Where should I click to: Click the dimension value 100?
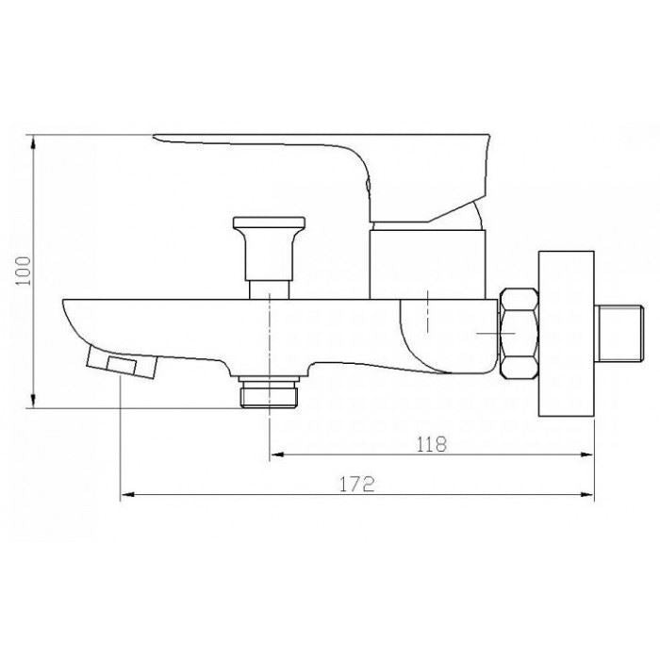[x=24, y=271]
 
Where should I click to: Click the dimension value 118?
[x=432, y=444]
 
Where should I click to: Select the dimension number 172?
[x=357, y=485]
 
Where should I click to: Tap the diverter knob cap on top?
[x=269, y=223]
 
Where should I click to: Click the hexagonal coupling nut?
[x=519, y=334]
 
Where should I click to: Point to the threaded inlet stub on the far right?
[x=620, y=334]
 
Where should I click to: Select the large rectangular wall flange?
[x=567, y=334]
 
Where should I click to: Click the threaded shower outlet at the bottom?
[x=269, y=392]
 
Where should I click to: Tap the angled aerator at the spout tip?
[x=122, y=362]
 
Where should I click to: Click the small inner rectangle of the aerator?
[x=122, y=365]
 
